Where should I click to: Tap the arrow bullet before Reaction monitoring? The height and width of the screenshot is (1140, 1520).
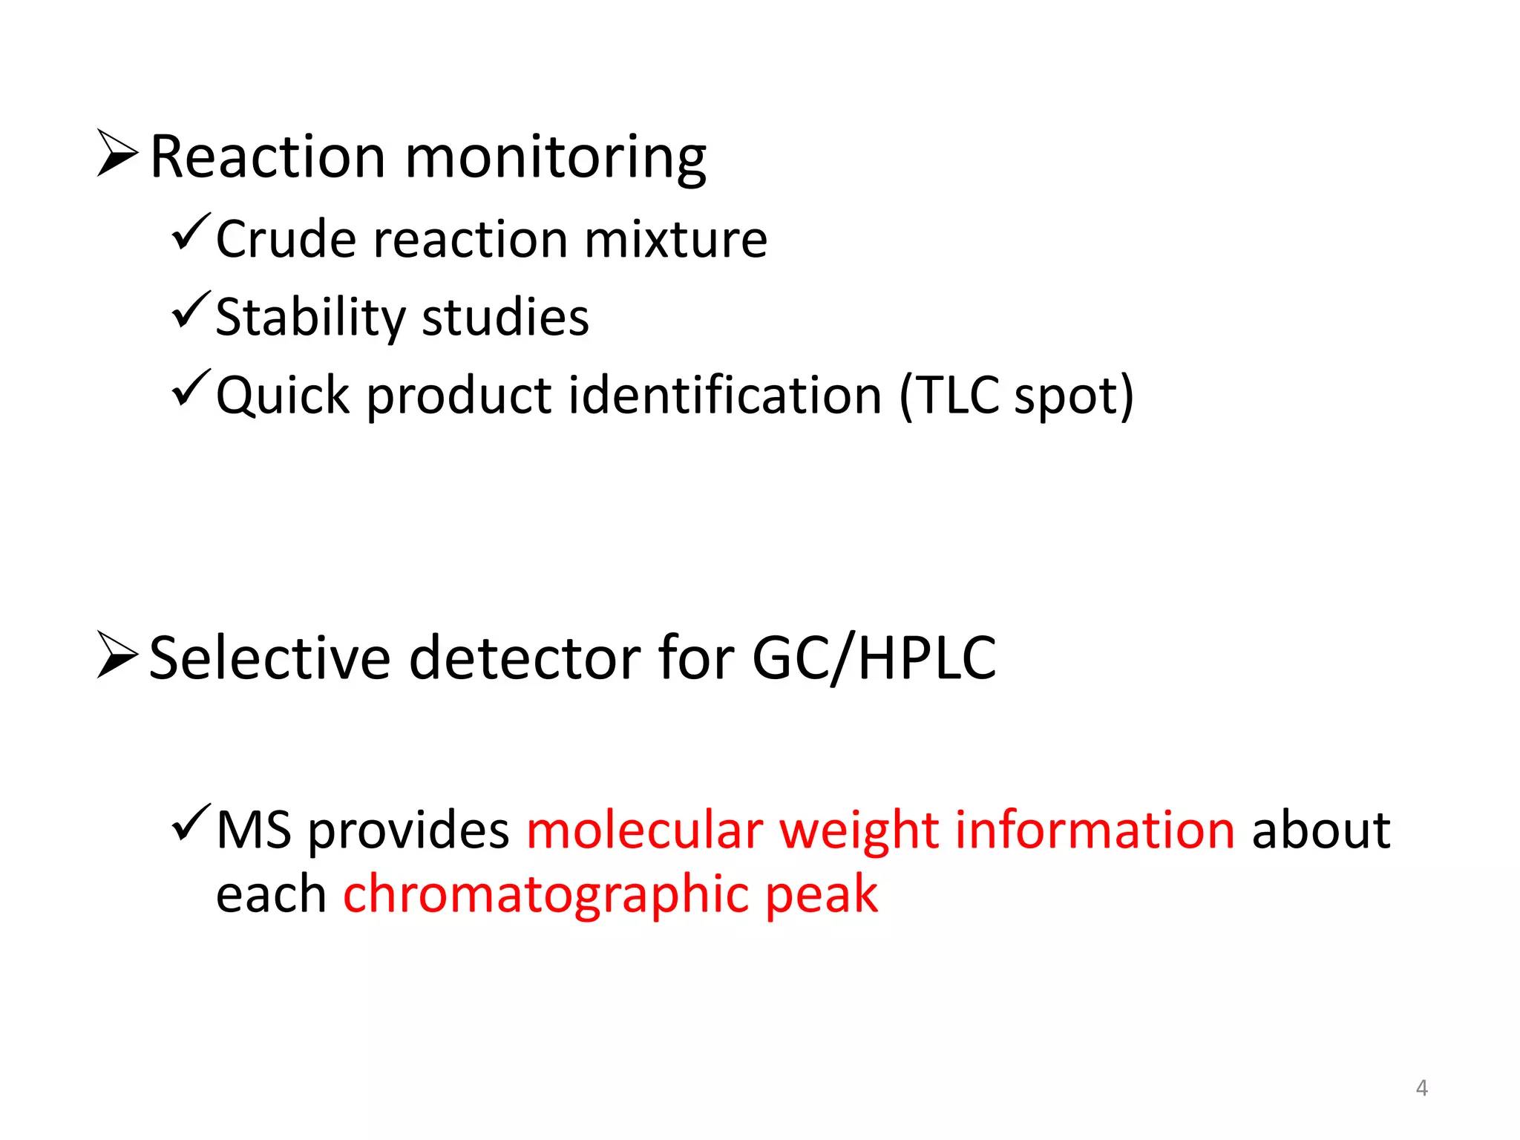pos(117,153)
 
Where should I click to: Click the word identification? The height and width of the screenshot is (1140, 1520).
pos(725,395)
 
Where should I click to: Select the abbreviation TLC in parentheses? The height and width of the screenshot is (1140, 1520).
pos(957,395)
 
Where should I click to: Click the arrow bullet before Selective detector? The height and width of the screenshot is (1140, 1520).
pos(117,655)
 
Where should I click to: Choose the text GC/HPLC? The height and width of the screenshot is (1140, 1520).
pos(874,658)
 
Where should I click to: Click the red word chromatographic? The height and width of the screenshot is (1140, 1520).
pos(546,894)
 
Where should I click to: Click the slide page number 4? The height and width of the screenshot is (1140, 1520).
pos(1421,1088)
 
